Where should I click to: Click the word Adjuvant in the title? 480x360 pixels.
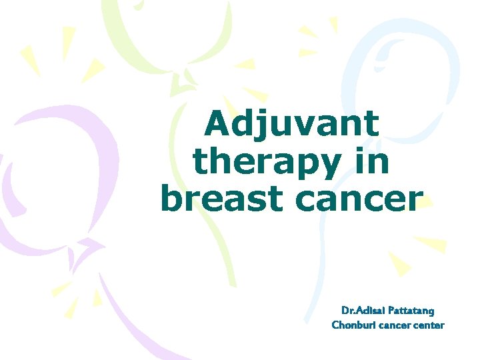(x=292, y=125)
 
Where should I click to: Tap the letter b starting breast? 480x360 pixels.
(x=171, y=198)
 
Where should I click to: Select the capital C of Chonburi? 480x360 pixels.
(x=335, y=325)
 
